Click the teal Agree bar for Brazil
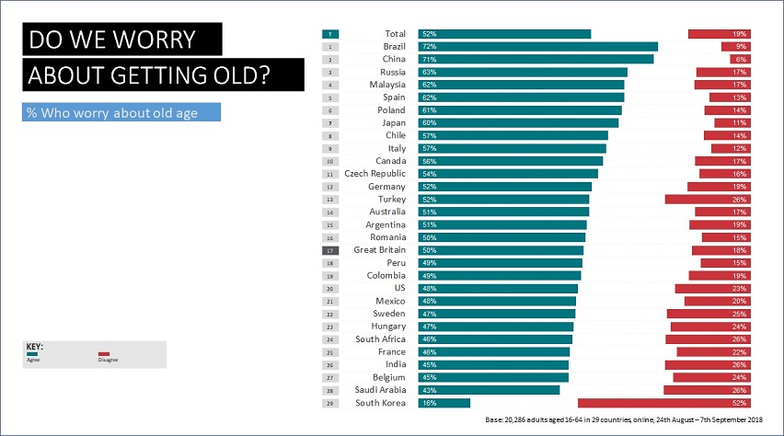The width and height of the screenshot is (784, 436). click(x=538, y=46)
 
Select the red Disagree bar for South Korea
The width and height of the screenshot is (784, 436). click(x=663, y=403)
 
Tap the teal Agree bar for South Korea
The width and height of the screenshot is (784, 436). click(x=444, y=403)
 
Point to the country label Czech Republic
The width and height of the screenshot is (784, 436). click(x=375, y=174)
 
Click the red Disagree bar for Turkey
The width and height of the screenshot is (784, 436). click(x=708, y=199)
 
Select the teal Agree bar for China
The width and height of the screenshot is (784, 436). click(x=536, y=59)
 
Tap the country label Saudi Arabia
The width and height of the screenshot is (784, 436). click(x=376, y=390)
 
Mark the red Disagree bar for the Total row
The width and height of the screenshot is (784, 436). click(x=720, y=33)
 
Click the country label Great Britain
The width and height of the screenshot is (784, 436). click(x=379, y=250)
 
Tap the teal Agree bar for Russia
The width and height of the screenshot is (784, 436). click(x=523, y=72)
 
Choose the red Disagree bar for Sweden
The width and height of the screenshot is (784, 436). click(x=709, y=314)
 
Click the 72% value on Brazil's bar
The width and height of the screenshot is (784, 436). click(x=429, y=46)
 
